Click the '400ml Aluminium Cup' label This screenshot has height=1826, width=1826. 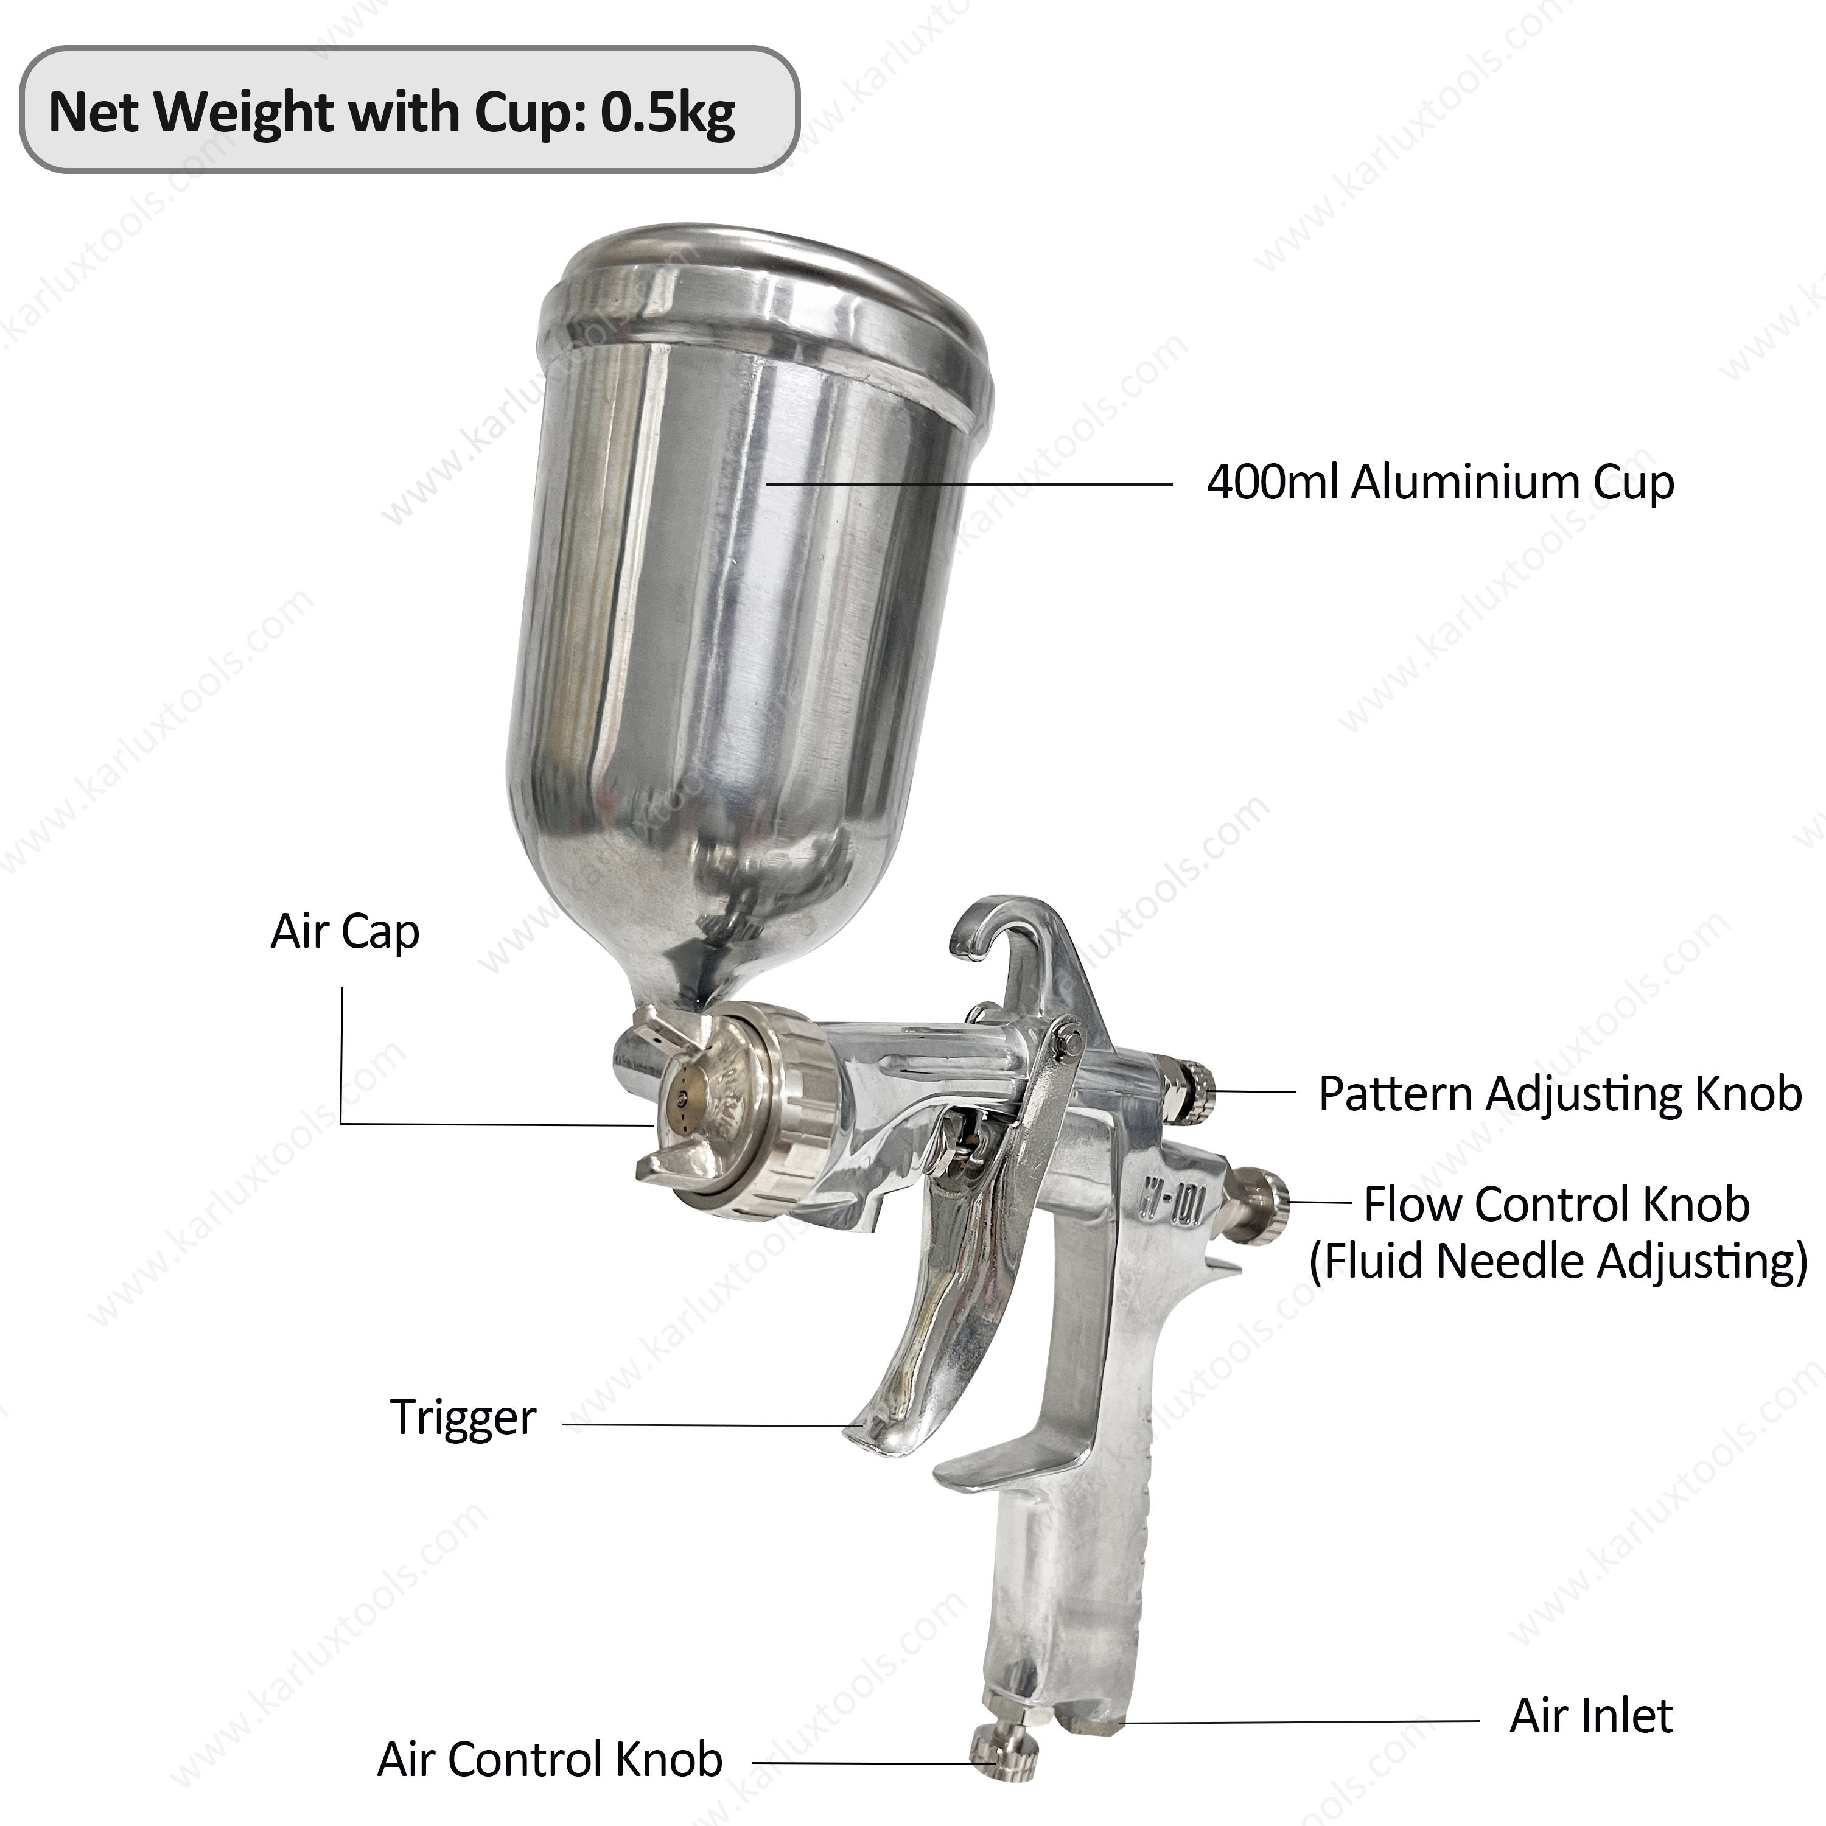click(1440, 483)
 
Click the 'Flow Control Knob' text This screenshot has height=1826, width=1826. click(1556, 1205)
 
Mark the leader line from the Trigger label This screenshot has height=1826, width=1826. click(709, 1424)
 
